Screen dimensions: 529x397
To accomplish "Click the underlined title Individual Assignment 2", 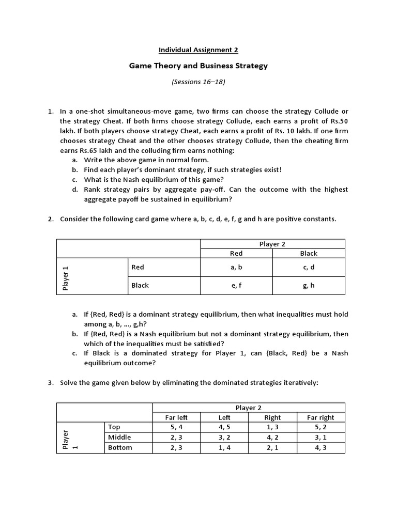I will [x=198, y=50].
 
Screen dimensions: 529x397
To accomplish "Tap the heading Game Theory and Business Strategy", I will [x=198, y=66].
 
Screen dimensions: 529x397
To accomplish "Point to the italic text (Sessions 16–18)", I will [x=198, y=82].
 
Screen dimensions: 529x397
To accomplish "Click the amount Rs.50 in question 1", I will [x=338, y=121].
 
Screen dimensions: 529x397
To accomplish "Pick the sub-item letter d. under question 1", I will [x=75, y=190].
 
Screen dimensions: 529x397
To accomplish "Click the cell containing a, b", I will [x=236, y=267].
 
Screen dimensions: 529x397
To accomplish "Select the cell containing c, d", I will [x=309, y=267].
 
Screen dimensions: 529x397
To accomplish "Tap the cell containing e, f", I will [x=236, y=285].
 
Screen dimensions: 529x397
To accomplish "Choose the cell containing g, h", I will [x=309, y=285].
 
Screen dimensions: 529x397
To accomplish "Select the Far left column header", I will [x=176, y=417].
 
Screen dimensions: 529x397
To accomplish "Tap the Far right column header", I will [x=320, y=417].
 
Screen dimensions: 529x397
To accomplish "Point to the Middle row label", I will [x=119, y=438].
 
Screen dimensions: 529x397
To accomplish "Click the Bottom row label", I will [x=120, y=447].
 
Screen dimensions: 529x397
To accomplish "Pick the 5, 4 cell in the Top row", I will [x=176, y=427].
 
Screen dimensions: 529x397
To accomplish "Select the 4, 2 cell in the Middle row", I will [x=272, y=438].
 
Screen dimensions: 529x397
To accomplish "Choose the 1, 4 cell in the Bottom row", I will [x=224, y=447].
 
